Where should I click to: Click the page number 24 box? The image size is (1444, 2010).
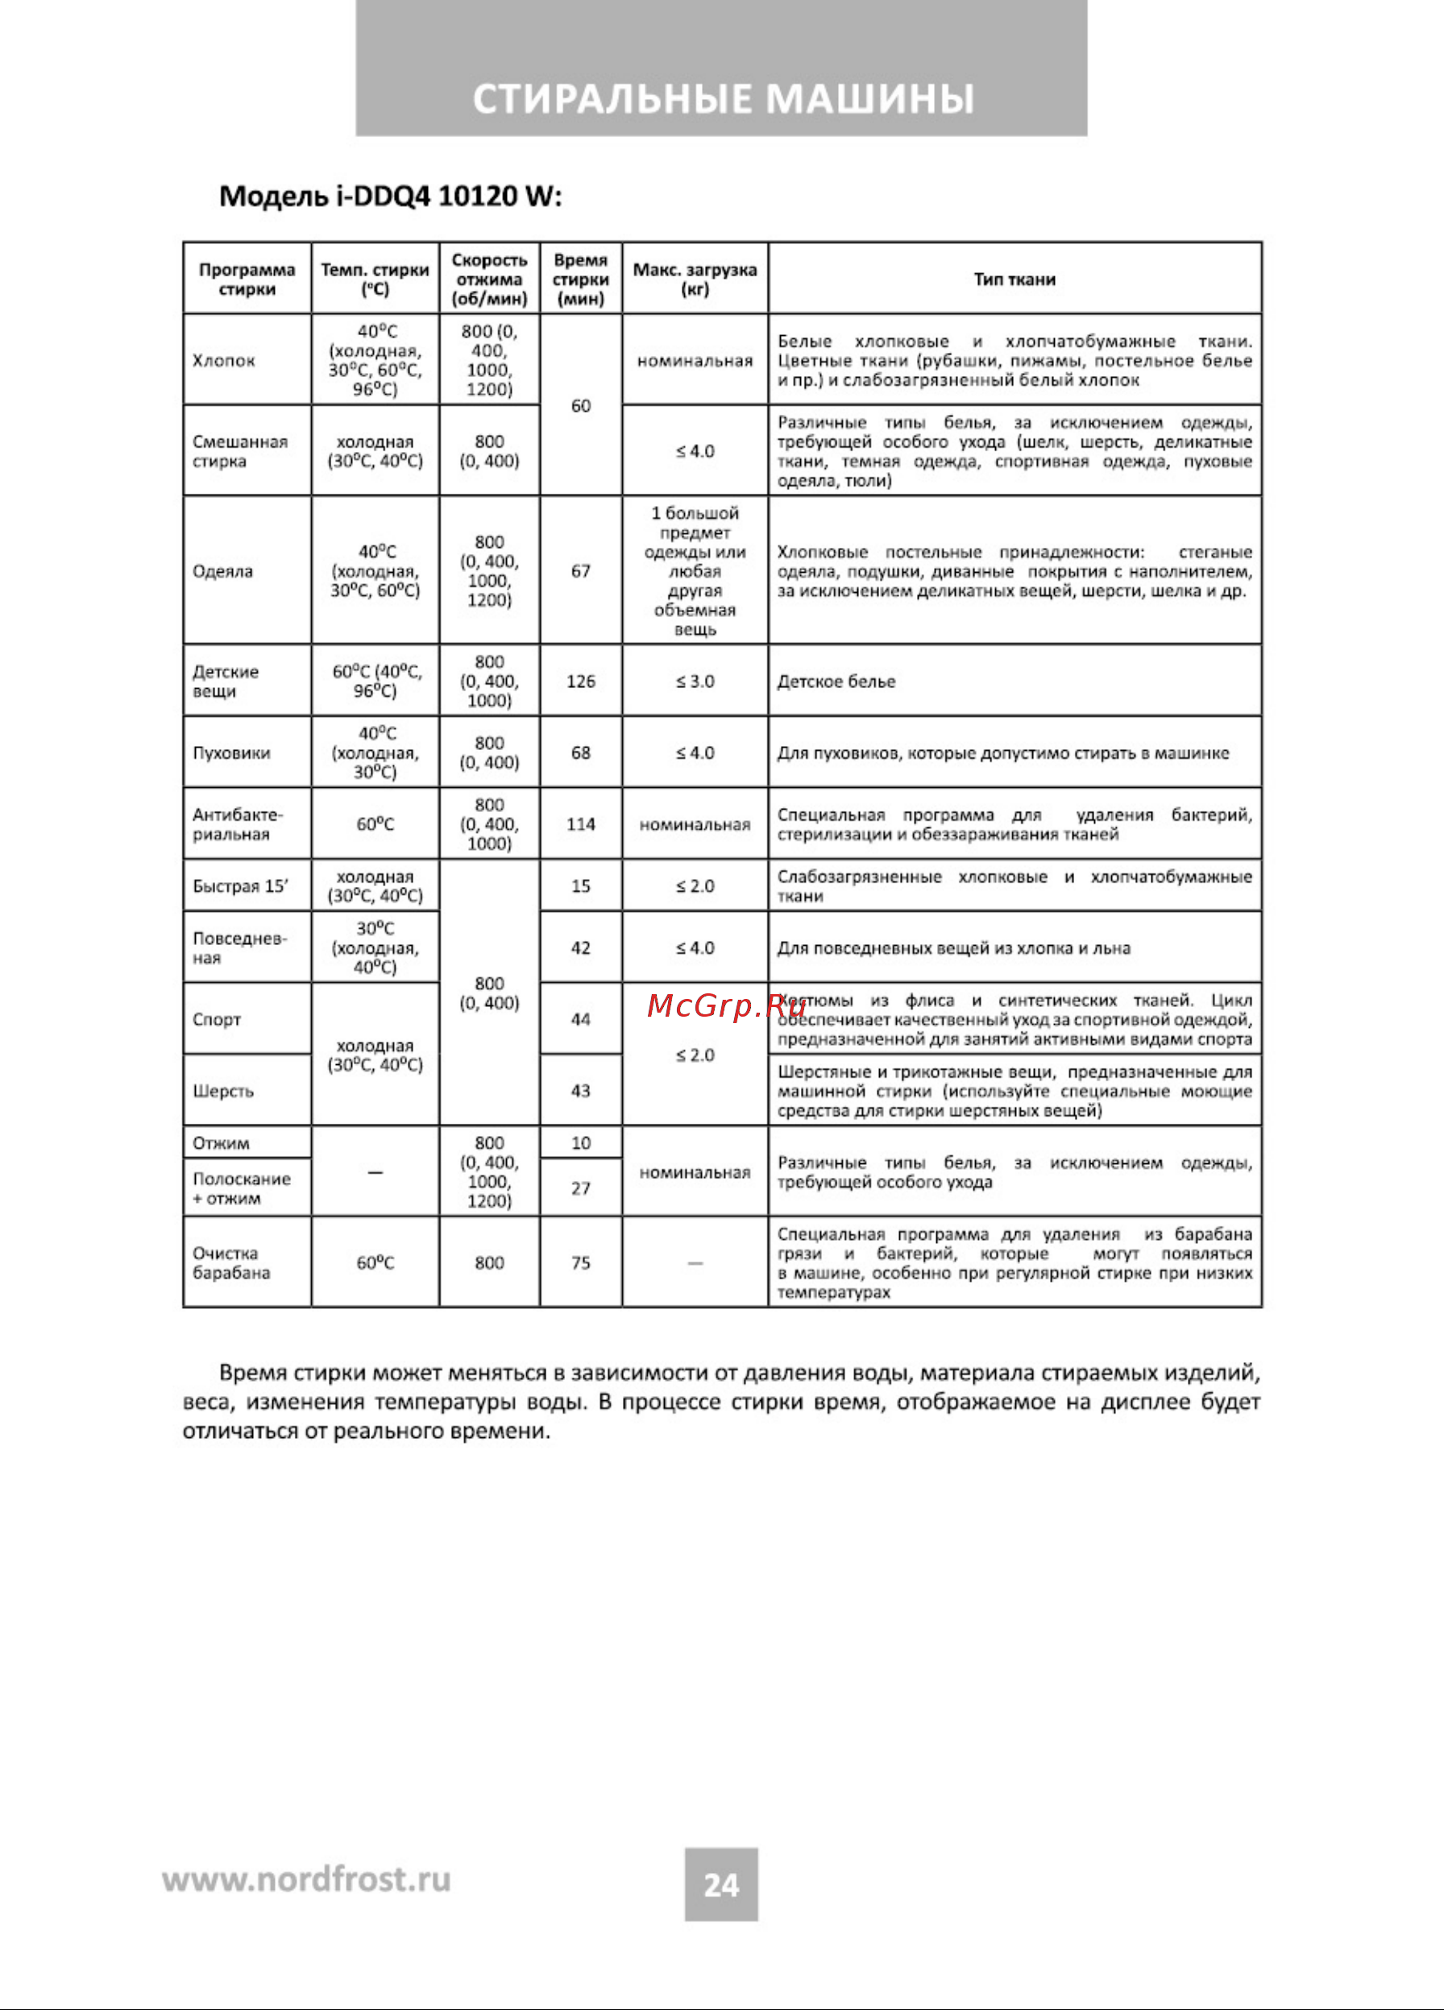coord(720,1884)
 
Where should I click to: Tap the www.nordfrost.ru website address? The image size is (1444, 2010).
coord(306,1879)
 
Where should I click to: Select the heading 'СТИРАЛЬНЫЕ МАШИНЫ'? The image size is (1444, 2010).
coord(723,98)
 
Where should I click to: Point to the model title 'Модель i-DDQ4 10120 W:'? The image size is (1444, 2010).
coord(390,196)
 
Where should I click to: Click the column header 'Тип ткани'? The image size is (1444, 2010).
coord(1014,280)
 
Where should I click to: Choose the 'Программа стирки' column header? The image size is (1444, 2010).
coord(247,280)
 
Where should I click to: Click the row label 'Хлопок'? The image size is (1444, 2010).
coord(223,361)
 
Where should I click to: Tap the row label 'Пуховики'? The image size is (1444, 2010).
coord(231,752)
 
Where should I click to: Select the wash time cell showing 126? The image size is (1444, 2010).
coord(581,682)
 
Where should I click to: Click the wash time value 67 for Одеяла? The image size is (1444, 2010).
coord(581,570)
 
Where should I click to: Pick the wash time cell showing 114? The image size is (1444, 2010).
coord(581,824)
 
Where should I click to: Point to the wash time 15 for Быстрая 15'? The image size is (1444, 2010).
coord(581,885)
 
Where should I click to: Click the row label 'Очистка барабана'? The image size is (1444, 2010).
coord(230,1262)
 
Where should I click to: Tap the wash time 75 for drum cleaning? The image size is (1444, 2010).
coord(581,1262)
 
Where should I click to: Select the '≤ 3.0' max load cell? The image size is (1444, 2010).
coord(695,682)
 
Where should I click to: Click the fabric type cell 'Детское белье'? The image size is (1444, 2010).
coord(836,682)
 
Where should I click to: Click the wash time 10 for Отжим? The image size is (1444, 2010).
coord(581,1142)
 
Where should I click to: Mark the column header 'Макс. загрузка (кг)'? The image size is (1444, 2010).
coord(695,280)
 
